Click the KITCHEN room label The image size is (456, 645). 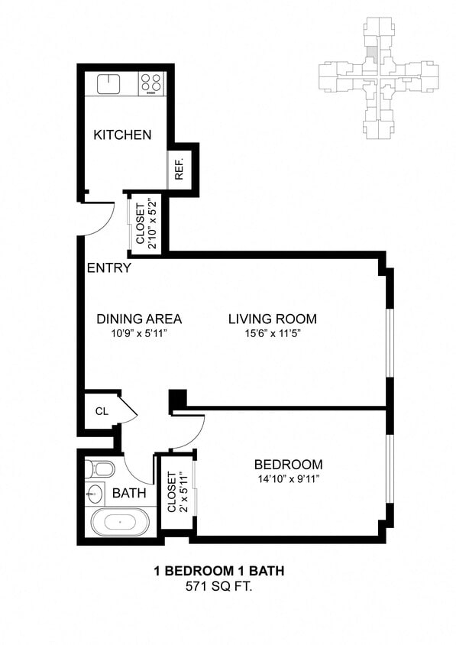pos(122,135)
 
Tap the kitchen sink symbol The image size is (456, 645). pos(109,83)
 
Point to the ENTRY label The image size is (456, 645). pos(108,268)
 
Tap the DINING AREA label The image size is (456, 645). pos(139,319)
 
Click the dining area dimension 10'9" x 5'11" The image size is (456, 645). pos(139,333)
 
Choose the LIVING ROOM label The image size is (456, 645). pos(273,319)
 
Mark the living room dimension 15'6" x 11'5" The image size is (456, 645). pos(273,333)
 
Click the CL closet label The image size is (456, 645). pos(101,411)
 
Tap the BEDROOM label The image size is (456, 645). pos(288,465)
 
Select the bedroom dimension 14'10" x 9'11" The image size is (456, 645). pos(288,479)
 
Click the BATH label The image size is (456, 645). pos(129,494)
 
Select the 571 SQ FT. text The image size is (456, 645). pos(219,587)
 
